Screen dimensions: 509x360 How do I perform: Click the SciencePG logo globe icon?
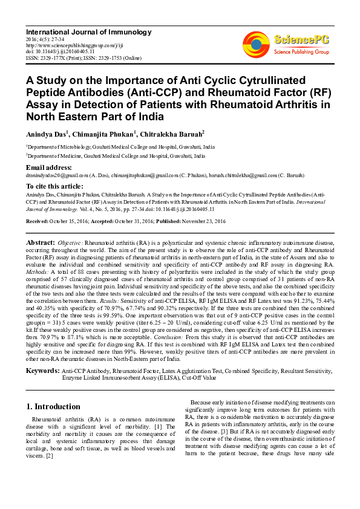click(x=257, y=42)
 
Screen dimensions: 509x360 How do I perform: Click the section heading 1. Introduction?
click(x=53, y=406)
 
